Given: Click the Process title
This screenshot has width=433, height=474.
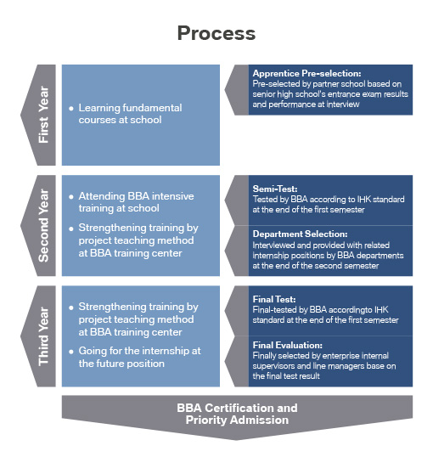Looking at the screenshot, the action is tap(216, 33).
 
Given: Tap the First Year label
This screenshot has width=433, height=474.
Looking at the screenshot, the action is tap(43, 115).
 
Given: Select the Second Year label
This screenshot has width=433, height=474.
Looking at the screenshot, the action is tap(43, 225).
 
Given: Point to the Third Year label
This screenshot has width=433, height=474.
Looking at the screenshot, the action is tap(43, 336).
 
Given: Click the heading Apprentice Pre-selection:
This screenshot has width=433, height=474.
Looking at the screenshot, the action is tap(306, 73).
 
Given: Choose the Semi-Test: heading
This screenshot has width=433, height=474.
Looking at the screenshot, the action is tap(275, 189).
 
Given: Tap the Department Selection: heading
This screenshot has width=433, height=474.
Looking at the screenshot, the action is tap(300, 234).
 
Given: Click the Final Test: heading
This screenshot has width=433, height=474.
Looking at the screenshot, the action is tap(274, 299).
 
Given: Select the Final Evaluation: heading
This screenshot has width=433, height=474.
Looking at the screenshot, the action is tap(287, 345).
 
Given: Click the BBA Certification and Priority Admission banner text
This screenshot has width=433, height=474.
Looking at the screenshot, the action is tap(237, 414).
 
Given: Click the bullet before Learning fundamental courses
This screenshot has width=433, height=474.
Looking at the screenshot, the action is tap(71, 108).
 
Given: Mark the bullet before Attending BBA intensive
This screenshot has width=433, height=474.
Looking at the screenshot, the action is tap(71, 197).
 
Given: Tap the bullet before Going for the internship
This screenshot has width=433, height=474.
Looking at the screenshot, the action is tap(71, 352).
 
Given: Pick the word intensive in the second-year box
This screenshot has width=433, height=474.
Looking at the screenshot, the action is tap(173, 196).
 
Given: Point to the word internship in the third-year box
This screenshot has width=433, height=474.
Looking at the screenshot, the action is tap(165, 351).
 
